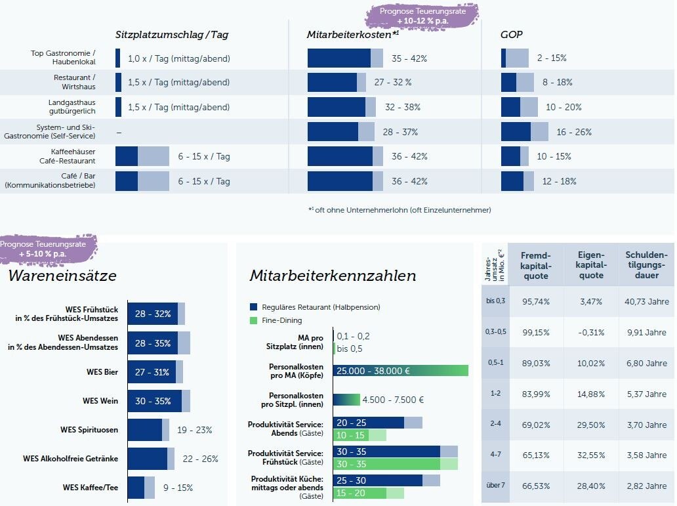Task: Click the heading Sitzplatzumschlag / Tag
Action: (172, 35)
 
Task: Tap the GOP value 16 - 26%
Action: (573, 132)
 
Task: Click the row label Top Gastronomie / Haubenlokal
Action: (64, 58)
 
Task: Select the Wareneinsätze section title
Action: (62, 276)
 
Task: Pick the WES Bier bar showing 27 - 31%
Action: (155, 372)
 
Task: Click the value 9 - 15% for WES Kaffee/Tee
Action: (178, 488)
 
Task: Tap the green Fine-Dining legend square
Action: (254, 320)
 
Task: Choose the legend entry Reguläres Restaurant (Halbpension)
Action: (320, 307)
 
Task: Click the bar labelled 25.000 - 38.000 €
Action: (400, 371)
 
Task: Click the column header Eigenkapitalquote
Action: (591, 265)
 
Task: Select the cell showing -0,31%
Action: (591, 333)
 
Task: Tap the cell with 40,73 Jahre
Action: (646, 301)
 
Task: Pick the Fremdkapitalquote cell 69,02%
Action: (535, 425)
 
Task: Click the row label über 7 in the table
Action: (496, 486)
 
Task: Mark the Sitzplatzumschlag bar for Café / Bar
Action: (142, 181)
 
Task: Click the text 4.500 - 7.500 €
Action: (393, 400)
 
